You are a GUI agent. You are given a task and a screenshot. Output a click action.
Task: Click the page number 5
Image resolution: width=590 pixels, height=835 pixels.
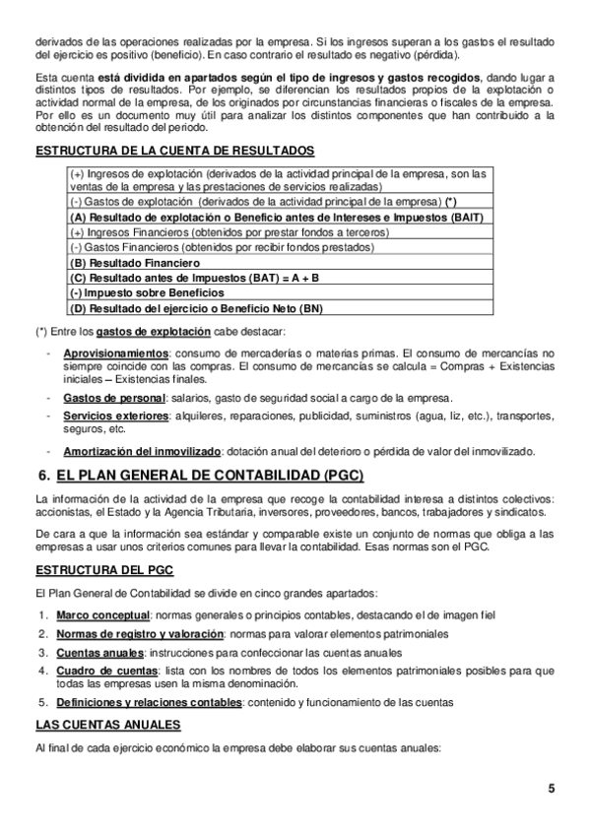point(552,789)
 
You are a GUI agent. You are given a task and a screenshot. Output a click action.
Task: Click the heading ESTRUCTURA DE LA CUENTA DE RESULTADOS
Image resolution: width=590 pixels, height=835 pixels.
point(174,151)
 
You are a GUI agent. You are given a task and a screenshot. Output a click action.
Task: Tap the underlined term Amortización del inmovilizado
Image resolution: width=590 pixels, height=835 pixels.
point(142,451)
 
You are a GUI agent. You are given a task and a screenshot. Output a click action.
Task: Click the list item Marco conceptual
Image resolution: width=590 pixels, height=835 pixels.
point(98,615)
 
